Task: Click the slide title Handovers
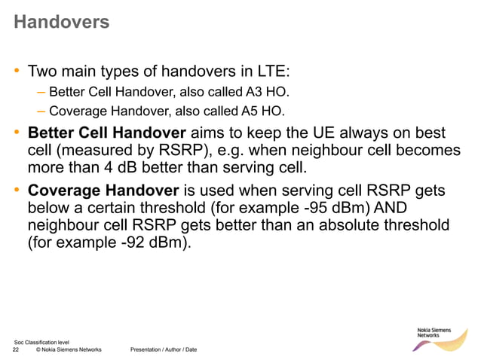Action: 61,23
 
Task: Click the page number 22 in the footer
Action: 16,350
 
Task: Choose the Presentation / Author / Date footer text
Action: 164,350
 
